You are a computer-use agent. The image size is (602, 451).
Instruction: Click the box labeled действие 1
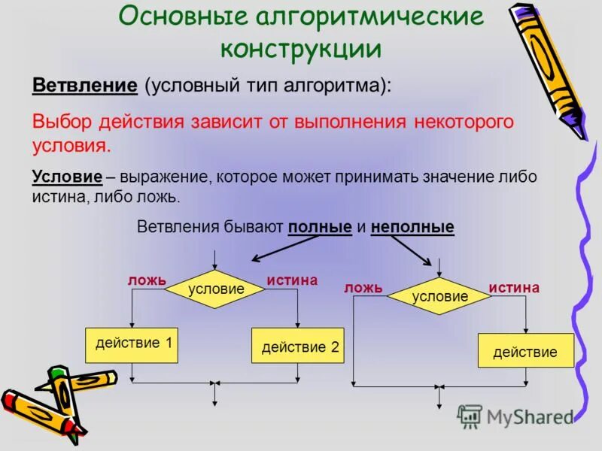point(132,344)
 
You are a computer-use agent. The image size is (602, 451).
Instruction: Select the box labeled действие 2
point(297,347)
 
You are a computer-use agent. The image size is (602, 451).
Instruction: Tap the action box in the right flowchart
point(525,351)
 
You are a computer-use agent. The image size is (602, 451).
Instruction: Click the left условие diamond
point(216,289)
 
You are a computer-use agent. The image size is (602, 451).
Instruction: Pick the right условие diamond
point(439,296)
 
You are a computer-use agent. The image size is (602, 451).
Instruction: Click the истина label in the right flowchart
point(514,288)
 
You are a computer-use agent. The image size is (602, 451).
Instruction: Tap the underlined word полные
point(320,227)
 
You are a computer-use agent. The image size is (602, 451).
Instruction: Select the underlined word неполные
point(412,227)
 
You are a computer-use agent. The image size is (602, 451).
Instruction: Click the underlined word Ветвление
point(84,84)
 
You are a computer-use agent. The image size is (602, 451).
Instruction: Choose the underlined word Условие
point(67,177)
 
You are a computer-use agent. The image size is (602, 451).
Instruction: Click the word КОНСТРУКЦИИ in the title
point(300,49)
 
